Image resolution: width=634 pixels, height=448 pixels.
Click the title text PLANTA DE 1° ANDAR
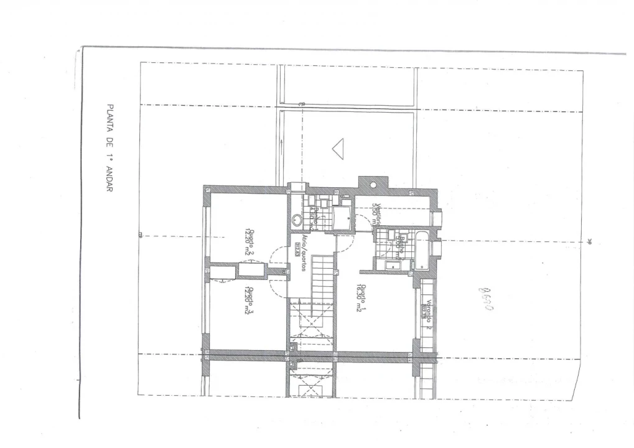111,148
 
